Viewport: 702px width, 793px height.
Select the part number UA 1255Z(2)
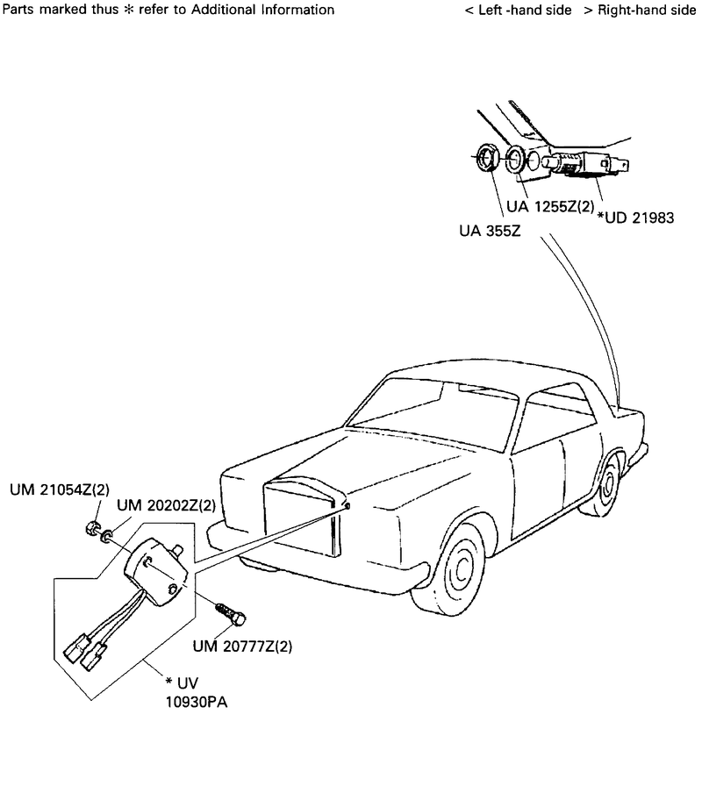click(x=550, y=208)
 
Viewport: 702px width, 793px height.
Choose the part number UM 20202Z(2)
click(x=166, y=505)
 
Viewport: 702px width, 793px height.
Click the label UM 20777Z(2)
click(x=242, y=647)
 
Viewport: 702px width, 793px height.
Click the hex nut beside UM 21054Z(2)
click(x=90, y=528)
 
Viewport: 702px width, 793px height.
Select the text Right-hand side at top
click(x=645, y=10)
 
